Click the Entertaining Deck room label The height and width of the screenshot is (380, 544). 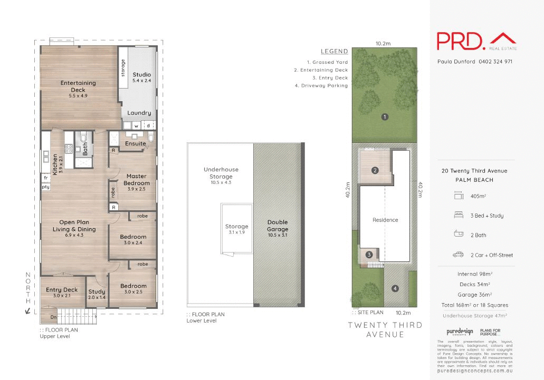click(78, 86)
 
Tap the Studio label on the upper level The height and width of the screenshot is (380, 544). click(141, 75)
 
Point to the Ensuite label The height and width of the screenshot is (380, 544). click(136, 143)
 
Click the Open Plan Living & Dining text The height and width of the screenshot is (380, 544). click(74, 226)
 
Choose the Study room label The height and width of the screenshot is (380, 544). click(97, 291)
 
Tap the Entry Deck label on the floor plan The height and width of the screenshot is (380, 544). click(62, 290)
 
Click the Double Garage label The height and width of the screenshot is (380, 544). click(278, 226)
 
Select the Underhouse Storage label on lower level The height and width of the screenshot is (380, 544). click(221, 173)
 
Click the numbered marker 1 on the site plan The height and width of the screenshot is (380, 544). click(385, 117)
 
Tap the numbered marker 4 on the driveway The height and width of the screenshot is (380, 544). click(395, 288)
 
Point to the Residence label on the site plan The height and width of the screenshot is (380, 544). click(385, 220)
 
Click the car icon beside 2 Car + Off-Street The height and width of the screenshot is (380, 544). click(457, 255)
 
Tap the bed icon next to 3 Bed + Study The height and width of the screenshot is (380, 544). click(457, 216)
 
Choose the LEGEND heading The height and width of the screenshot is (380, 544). click(335, 52)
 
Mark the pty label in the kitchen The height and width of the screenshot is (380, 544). click(46, 187)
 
